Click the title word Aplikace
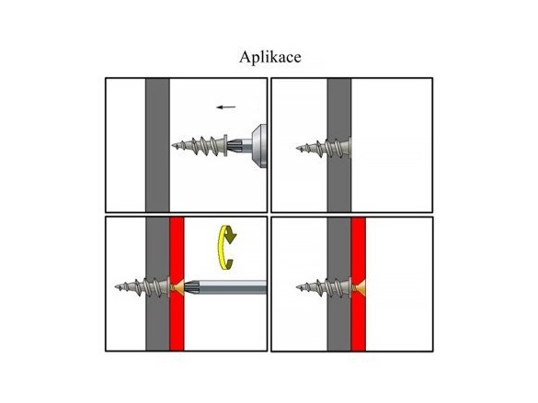tap(270, 57)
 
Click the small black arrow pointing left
tap(225, 107)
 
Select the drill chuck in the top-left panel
tap(259, 146)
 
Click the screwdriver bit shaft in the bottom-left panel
tap(225, 287)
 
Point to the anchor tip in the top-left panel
tap(173, 146)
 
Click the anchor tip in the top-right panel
tap(297, 149)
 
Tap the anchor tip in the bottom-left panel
tap(116, 286)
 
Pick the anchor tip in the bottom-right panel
tap(297, 286)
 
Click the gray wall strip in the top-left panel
tap(157, 145)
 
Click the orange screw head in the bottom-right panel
tap(359, 286)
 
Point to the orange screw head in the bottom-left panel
tap(177, 287)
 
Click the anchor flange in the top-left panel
tap(225, 146)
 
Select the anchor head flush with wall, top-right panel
tap(349, 147)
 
